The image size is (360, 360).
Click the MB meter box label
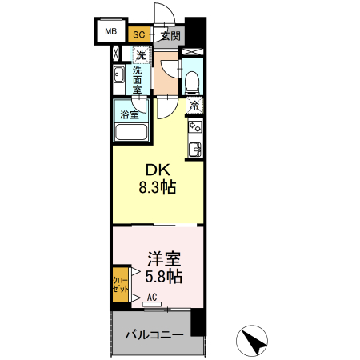coord(110,32)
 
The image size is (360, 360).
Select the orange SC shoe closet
coord(138,34)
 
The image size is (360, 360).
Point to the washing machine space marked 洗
coord(141,55)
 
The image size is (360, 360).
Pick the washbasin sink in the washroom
coord(118,77)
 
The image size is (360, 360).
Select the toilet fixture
coord(192,81)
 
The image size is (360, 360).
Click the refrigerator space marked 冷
coord(194,104)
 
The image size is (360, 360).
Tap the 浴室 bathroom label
coord(129,115)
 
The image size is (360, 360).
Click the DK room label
coord(157,170)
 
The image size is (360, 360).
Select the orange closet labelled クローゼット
coord(118,286)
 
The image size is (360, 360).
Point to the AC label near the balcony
coord(152,296)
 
